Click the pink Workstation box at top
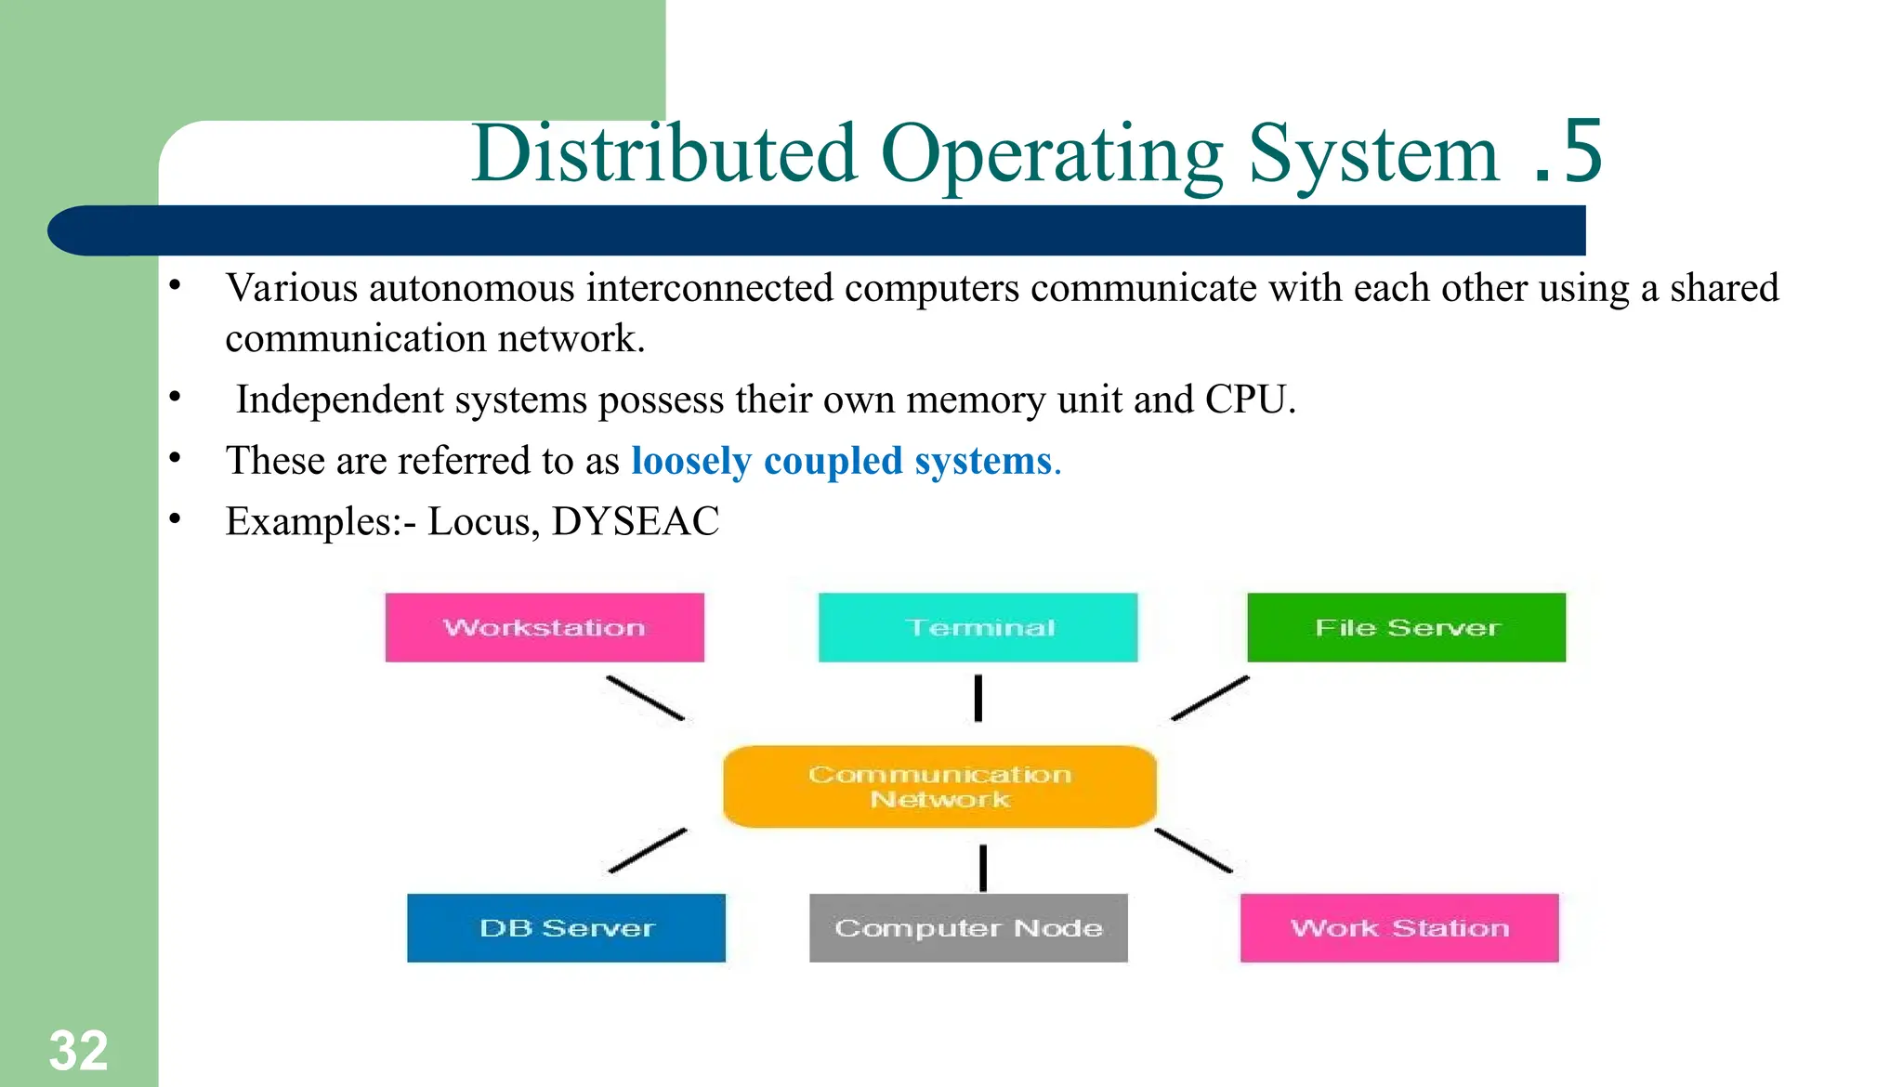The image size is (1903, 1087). point(545,627)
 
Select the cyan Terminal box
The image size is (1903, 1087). point(978,627)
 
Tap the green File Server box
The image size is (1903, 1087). point(1406,627)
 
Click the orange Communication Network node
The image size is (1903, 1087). point(939,786)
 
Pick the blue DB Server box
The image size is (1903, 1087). point(566,927)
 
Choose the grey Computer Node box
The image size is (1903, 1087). point(968,927)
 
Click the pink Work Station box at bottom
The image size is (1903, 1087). point(1399,927)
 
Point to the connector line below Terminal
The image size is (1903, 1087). point(978,698)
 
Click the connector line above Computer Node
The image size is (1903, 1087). point(983,867)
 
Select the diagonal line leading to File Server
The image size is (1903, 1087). point(1210,698)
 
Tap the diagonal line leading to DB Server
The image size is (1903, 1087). point(648,850)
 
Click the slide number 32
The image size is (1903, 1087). point(78,1051)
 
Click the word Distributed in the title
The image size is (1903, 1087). point(663,153)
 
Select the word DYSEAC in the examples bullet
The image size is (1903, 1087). point(635,521)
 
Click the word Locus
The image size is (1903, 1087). point(482,521)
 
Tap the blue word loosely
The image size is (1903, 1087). point(691,461)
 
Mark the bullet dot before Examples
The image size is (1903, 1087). point(175,518)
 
